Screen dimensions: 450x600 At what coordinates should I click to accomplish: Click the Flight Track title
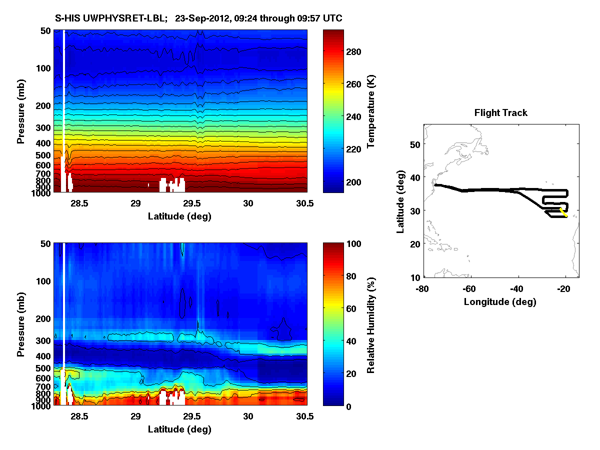pos(500,113)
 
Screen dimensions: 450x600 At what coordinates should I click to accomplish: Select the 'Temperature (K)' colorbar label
pos(371,111)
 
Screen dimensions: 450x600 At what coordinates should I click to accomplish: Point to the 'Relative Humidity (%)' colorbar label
pos(371,324)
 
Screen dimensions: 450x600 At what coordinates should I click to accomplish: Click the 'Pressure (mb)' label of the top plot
pos(20,111)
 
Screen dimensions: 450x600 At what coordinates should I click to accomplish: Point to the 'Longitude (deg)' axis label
pos(500,301)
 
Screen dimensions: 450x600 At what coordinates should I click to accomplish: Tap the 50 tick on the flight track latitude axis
pos(414,143)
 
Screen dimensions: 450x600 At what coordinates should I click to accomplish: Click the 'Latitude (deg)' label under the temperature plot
pos(179,216)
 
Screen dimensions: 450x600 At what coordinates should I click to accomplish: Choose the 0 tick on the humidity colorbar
pos(356,406)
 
